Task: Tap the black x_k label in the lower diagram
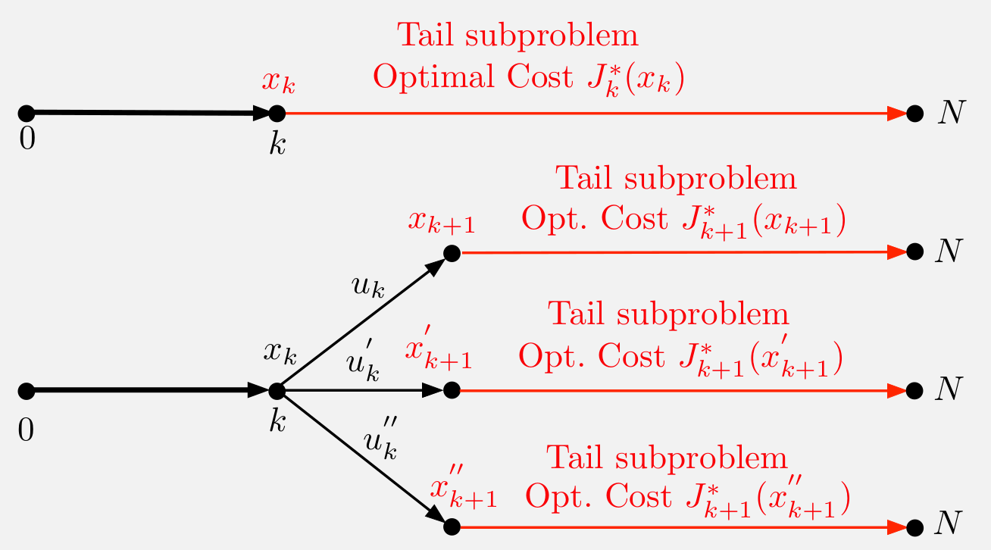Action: click(x=280, y=352)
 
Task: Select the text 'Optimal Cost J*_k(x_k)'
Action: click(x=529, y=78)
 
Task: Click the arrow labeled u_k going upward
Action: click(x=364, y=321)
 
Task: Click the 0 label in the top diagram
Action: click(x=27, y=140)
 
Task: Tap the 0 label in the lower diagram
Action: click(x=27, y=430)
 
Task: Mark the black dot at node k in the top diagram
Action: click(x=277, y=114)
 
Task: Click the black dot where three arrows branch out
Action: click(x=277, y=391)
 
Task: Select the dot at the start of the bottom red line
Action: click(x=452, y=527)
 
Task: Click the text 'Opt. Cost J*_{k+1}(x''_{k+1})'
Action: click(x=686, y=496)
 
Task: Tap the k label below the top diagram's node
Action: click(x=277, y=145)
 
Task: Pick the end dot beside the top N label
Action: click(x=914, y=114)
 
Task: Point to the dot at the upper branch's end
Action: click(x=452, y=252)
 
